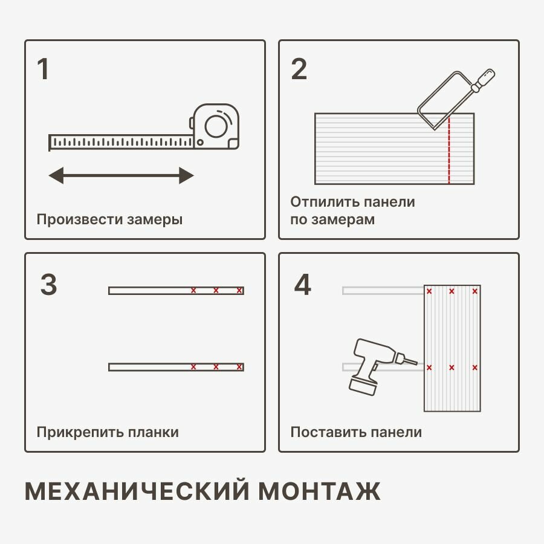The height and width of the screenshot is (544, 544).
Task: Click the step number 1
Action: [x=43, y=70]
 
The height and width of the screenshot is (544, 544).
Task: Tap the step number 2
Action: [x=299, y=70]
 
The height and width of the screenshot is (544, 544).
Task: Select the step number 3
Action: [x=48, y=285]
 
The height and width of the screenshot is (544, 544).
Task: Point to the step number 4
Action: [x=302, y=285]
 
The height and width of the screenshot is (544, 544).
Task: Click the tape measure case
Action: [x=216, y=126]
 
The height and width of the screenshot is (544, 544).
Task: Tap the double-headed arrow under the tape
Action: [x=121, y=176]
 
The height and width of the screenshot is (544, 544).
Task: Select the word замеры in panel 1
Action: [x=155, y=219]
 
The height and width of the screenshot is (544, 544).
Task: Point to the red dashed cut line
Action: [x=449, y=151]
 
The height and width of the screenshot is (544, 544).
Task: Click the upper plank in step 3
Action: [x=176, y=291]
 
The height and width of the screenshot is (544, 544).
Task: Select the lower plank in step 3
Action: [x=176, y=367]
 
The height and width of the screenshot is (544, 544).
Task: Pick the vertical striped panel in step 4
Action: [x=452, y=348]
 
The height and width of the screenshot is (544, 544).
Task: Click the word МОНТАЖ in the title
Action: [x=320, y=491]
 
